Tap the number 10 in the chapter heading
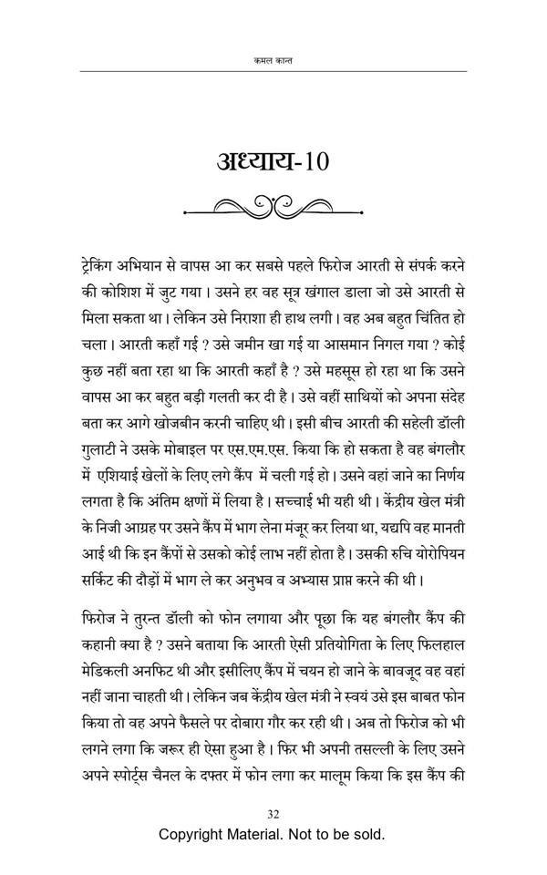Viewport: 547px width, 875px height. tap(310, 163)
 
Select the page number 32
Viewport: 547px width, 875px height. tap(273, 814)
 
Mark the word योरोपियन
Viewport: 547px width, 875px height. tap(441, 551)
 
